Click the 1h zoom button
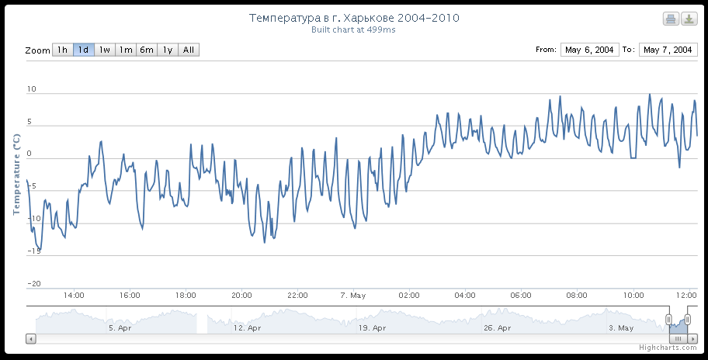62,50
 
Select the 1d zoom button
83,50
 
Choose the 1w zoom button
104,50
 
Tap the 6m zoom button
146,50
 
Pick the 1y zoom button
167,50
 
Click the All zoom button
189,50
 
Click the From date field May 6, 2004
589,50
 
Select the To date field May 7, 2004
667,50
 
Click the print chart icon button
671,19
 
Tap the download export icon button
689,19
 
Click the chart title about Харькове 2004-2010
353,18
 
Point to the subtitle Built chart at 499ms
353,29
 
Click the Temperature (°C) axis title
16,173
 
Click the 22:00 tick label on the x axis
297,296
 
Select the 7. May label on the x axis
353,296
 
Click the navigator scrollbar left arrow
31,338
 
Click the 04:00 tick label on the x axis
465,296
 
